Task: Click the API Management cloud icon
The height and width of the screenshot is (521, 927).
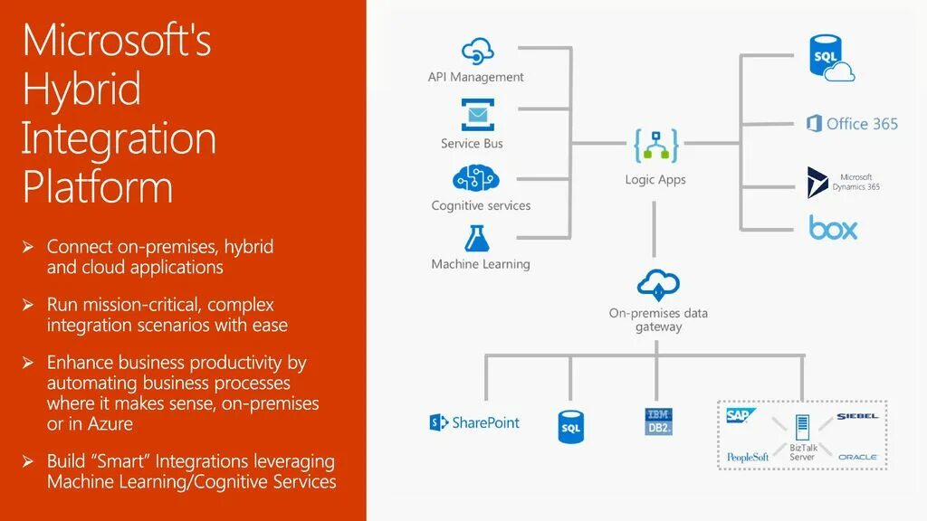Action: [x=477, y=52]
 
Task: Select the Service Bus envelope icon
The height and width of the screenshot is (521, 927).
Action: [x=476, y=116]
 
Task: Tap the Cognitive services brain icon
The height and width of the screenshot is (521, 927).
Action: [x=476, y=178]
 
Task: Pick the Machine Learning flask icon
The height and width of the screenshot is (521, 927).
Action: [x=476, y=238]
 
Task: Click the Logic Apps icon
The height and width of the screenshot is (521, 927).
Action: [x=655, y=146]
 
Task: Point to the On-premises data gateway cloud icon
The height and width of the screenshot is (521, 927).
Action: [x=658, y=284]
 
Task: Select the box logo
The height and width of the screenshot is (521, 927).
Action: [x=833, y=227]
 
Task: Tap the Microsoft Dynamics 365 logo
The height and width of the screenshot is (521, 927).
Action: [x=817, y=182]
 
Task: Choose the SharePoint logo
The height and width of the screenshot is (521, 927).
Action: [x=474, y=422]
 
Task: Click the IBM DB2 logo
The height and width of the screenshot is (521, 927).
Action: [x=658, y=422]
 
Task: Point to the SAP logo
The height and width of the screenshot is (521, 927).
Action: [x=741, y=416]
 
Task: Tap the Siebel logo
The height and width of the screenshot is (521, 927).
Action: [x=856, y=416]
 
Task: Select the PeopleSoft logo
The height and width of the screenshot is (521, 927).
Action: [x=748, y=457]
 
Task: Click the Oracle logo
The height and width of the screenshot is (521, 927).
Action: [x=857, y=457]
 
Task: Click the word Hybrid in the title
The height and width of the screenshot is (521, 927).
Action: [x=81, y=90]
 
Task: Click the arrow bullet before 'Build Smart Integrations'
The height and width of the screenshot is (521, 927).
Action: [x=28, y=462]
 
